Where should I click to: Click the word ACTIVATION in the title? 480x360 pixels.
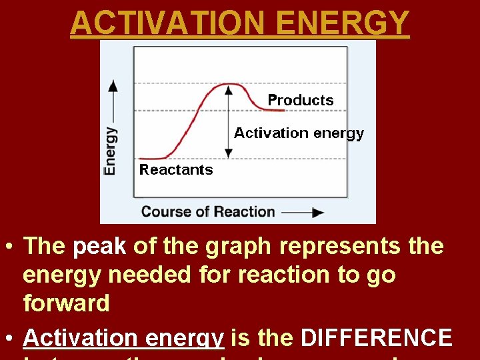[161, 22]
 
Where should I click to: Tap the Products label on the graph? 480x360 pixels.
[300, 100]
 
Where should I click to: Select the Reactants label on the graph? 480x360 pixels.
[176, 170]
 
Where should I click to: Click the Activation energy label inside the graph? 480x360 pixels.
[299, 133]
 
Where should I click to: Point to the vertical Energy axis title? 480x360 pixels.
[111, 151]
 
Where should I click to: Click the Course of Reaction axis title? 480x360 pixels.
[208, 212]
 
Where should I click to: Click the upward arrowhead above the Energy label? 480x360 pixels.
[113, 85]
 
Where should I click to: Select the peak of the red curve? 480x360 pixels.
[229, 85]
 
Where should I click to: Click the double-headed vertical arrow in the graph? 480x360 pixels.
[229, 121]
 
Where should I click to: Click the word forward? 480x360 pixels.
[66, 303]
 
